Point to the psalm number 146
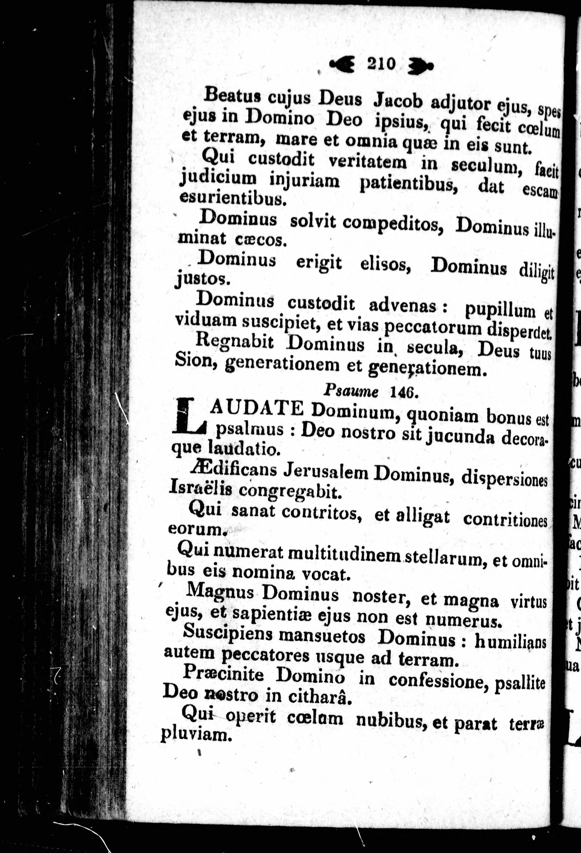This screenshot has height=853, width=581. point(403,392)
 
